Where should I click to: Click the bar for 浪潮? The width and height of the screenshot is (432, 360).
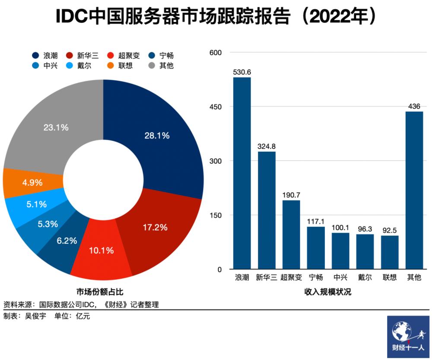tap(242, 173)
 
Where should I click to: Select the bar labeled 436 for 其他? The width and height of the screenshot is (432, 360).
tap(414, 190)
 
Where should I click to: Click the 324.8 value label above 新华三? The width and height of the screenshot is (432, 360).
tap(267, 146)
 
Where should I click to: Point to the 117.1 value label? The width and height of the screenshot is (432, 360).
tap(316, 221)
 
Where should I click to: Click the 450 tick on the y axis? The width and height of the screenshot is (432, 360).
tap(216, 107)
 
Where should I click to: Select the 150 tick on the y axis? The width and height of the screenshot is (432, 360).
tap(216, 215)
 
